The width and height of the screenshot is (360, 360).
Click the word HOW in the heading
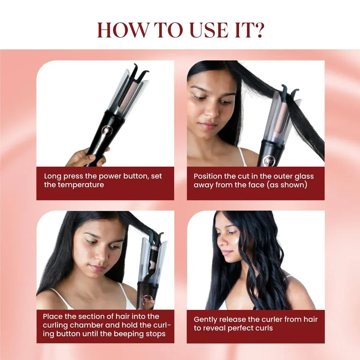[x=123, y=30]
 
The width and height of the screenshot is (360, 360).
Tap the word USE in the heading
[x=209, y=30]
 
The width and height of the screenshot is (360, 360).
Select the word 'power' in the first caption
[x=110, y=176]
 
